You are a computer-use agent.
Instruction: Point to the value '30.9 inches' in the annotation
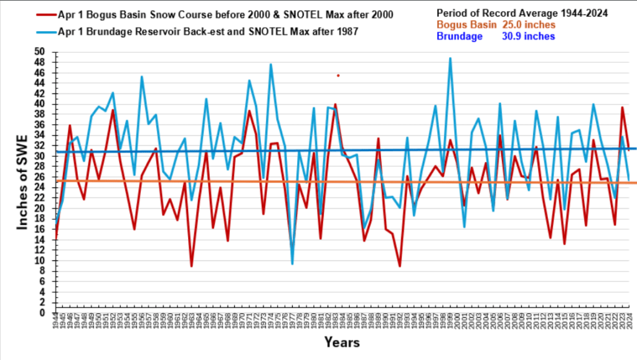click(528, 36)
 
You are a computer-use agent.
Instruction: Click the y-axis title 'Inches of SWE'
click(22, 182)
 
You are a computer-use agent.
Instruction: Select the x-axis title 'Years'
click(341, 342)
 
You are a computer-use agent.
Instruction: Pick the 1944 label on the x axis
click(55, 325)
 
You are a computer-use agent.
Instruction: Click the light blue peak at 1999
click(450, 58)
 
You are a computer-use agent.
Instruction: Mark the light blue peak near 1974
click(271, 64)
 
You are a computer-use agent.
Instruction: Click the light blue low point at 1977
click(292, 264)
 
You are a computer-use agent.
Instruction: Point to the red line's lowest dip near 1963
click(192, 267)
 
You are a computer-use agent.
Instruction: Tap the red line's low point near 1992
click(400, 267)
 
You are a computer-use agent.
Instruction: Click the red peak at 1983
click(335, 105)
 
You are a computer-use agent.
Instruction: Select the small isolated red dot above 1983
click(338, 75)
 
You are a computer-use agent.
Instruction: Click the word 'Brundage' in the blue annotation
click(460, 36)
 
